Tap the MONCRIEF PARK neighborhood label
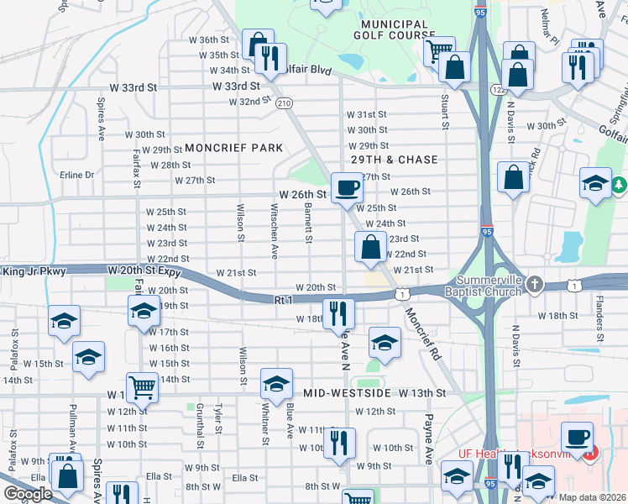(x=234, y=148)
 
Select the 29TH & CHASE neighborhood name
(x=394, y=160)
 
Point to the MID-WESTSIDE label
(x=348, y=393)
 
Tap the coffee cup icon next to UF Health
(x=577, y=437)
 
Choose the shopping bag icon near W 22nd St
(x=370, y=248)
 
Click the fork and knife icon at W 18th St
(x=338, y=314)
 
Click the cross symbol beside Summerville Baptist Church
(x=533, y=286)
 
